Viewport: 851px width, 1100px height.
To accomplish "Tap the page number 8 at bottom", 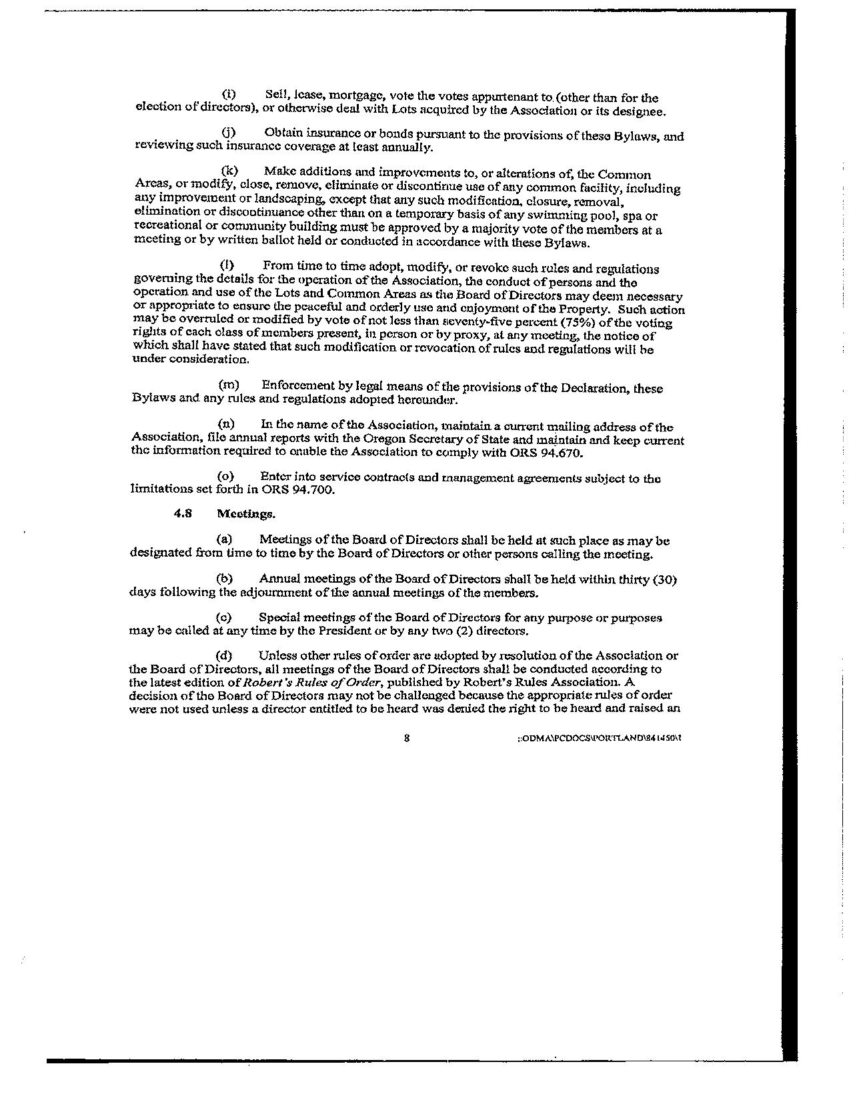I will click(x=406, y=738).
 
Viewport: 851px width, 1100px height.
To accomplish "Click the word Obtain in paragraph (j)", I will click(x=283, y=135).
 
